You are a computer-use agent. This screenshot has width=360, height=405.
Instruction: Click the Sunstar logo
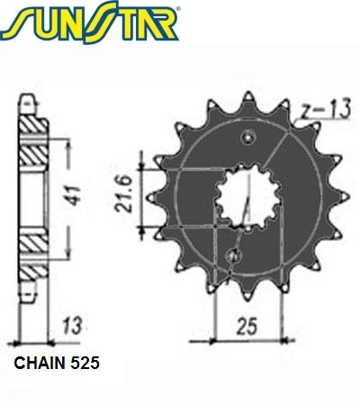pyautogui.click(x=90, y=22)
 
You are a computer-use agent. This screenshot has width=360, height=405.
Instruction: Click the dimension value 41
pyautogui.click(x=74, y=196)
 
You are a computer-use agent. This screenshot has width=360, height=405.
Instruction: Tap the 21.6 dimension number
pyautogui.click(x=123, y=194)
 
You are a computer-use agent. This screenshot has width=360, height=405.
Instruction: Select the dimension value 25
pyautogui.click(x=247, y=327)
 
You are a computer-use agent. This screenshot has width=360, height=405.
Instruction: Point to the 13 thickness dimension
pyautogui.click(x=72, y=326)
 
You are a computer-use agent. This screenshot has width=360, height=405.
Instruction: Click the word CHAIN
pyautogui.click(x=40, y=363)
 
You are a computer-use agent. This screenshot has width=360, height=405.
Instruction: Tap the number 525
pyautogui.click(x=85, y=363)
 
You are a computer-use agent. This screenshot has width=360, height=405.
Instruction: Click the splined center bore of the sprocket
pyautogui.click(x=247, y=196)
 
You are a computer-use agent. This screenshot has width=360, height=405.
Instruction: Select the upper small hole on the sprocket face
pyautogui.click(x=248, y=138)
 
